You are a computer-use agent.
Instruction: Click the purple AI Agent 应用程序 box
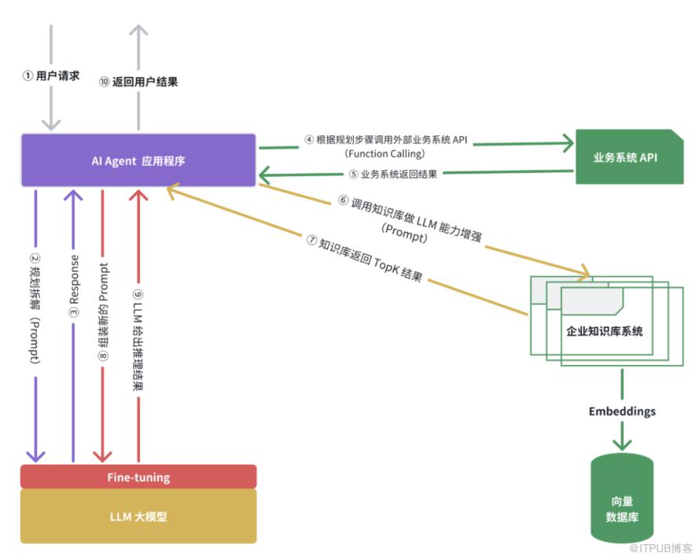click(x=138, y=160)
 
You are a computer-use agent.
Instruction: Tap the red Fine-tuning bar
click(x=138, y=477)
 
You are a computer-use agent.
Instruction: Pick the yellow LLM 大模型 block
click(x=138, y=517)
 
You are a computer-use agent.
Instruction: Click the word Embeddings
click(x=621, y=411)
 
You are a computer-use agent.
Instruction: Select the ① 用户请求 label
click(x=50, y=77)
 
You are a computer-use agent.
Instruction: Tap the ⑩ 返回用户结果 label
click(x=138, y=81)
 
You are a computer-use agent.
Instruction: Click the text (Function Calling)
click(x=385, y=153)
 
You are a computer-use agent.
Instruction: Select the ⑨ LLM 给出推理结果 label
click(x=139, y=330)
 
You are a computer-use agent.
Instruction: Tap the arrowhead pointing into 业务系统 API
click(x=567, y=142)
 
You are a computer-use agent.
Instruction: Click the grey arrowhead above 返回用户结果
click(x=138, y=31)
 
